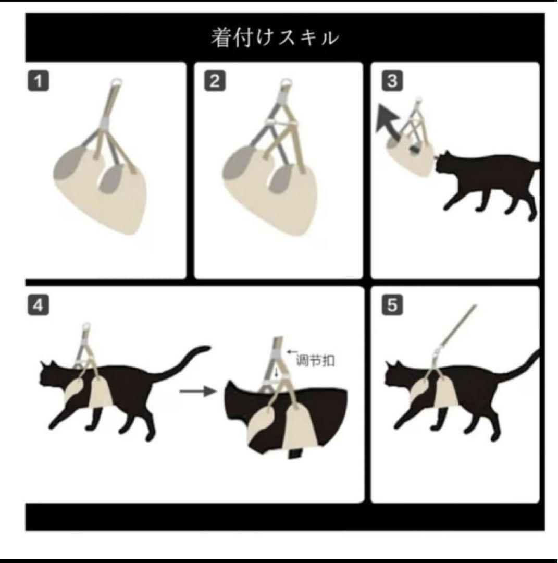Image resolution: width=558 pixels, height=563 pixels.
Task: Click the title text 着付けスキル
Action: tap(275, 38)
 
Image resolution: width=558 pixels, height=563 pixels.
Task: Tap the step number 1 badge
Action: tap(39, 81)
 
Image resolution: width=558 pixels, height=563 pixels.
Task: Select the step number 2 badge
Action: tap(215, 81)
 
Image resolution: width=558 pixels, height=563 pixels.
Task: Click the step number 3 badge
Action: tap(392, 81)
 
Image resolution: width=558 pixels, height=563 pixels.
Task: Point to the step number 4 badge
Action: tap(39, 305)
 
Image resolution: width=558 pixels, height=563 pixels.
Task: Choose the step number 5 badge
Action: tap(392, 305)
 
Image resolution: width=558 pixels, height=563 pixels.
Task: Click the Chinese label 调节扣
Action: tap(315, 360)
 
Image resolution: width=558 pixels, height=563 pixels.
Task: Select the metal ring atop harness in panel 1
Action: tap(116, 82)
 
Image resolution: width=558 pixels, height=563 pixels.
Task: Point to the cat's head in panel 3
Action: tap(445, 162)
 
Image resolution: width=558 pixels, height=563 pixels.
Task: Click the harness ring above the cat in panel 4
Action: tap(86, 327)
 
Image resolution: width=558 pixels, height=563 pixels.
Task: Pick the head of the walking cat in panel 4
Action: tap(53, 375)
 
